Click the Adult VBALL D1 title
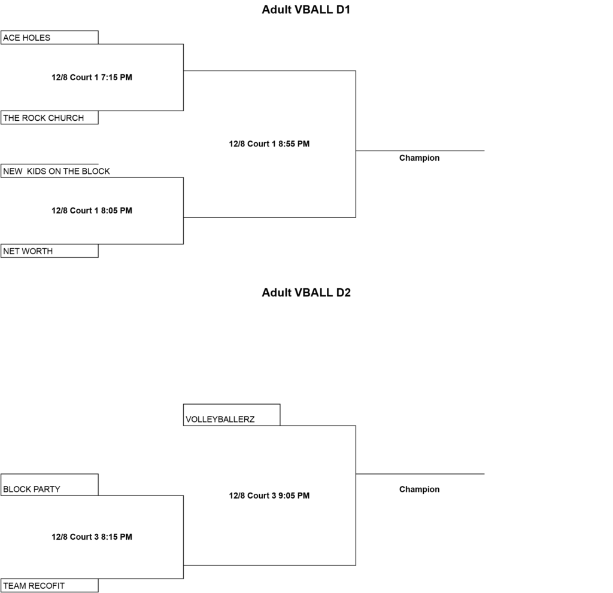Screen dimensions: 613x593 tap(306, 10)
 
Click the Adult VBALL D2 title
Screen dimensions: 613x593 tap(306, 293)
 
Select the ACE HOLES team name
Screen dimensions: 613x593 tap(26, 38)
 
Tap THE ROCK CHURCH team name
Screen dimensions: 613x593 tap(43, 118)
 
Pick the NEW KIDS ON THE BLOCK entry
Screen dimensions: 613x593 tap(56, 172)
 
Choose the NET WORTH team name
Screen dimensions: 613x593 tap(28, 252)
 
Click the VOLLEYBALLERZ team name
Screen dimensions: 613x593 tap(220, 420)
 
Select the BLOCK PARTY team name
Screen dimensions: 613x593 tap(32, 490)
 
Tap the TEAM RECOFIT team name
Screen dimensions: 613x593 tap(34, 586)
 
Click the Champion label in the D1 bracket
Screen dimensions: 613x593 tap(420, 158)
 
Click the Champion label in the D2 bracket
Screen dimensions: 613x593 tap(420, 490)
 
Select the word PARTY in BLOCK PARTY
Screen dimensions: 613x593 tap(47, 490)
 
